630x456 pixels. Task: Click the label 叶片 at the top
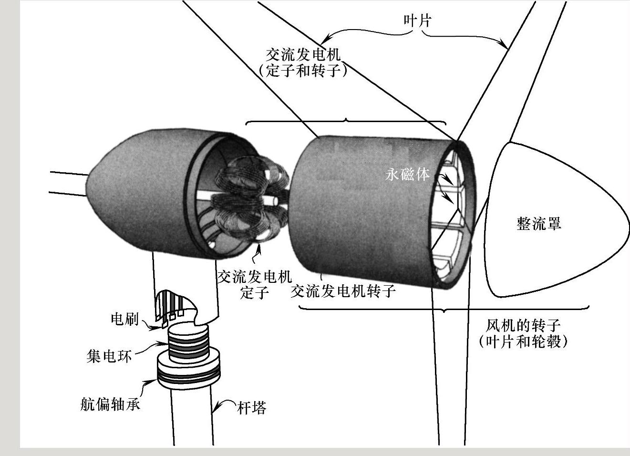pyautogui.click(x=417, y=20)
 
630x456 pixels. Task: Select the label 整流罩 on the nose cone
pyautogui.click(x=539, y=223)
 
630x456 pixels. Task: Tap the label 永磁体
pyautogui.click(x=407, y=174)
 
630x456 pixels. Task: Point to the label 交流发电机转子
pyautogui.click(x=343, y=291)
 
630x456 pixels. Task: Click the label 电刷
pyautogui.click(x=124, y=319)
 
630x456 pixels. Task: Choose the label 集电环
pyautogui.click(x=109, y=356)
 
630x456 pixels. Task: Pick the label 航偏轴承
pyautogui.click(x=110, y=404)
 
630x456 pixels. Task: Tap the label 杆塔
pyautogui.click(x=251, y=408)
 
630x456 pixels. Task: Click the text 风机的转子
pyautogui.click(x=523, y=326)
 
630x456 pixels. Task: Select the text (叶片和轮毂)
pyautogui.click(x=523, y=342)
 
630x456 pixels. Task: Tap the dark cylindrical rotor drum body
pyautogui.click(x=362, y=210)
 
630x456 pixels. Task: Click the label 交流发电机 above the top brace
pyautogui.click(x=303, y=53)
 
